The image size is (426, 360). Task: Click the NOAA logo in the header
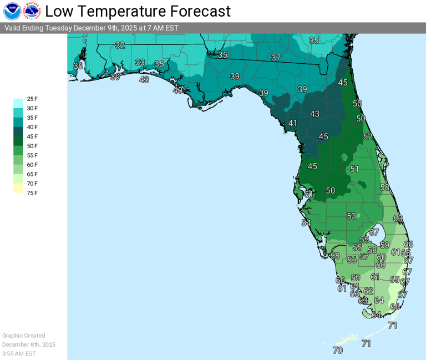(12, 11)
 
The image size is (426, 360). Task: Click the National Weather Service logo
(32, 11)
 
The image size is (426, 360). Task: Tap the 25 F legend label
(32, 99)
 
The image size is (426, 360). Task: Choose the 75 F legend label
(32, 193)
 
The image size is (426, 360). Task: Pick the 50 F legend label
(32, 146)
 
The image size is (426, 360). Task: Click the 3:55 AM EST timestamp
(19, 353)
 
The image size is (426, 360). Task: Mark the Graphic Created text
(24, 336)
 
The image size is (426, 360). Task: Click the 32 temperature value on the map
(120, 45)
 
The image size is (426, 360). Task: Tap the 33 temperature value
(140, 62)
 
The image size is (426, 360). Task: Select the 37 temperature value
(276, 58)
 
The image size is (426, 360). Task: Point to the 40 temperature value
(177, 90)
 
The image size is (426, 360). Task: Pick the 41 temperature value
(293, 123)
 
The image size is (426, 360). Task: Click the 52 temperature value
(368, 136)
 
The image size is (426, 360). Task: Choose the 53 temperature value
(351, 216)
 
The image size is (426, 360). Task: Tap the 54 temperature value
(306, 223)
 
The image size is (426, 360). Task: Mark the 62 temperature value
(368, 291)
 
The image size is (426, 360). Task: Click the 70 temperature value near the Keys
(338, 351)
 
